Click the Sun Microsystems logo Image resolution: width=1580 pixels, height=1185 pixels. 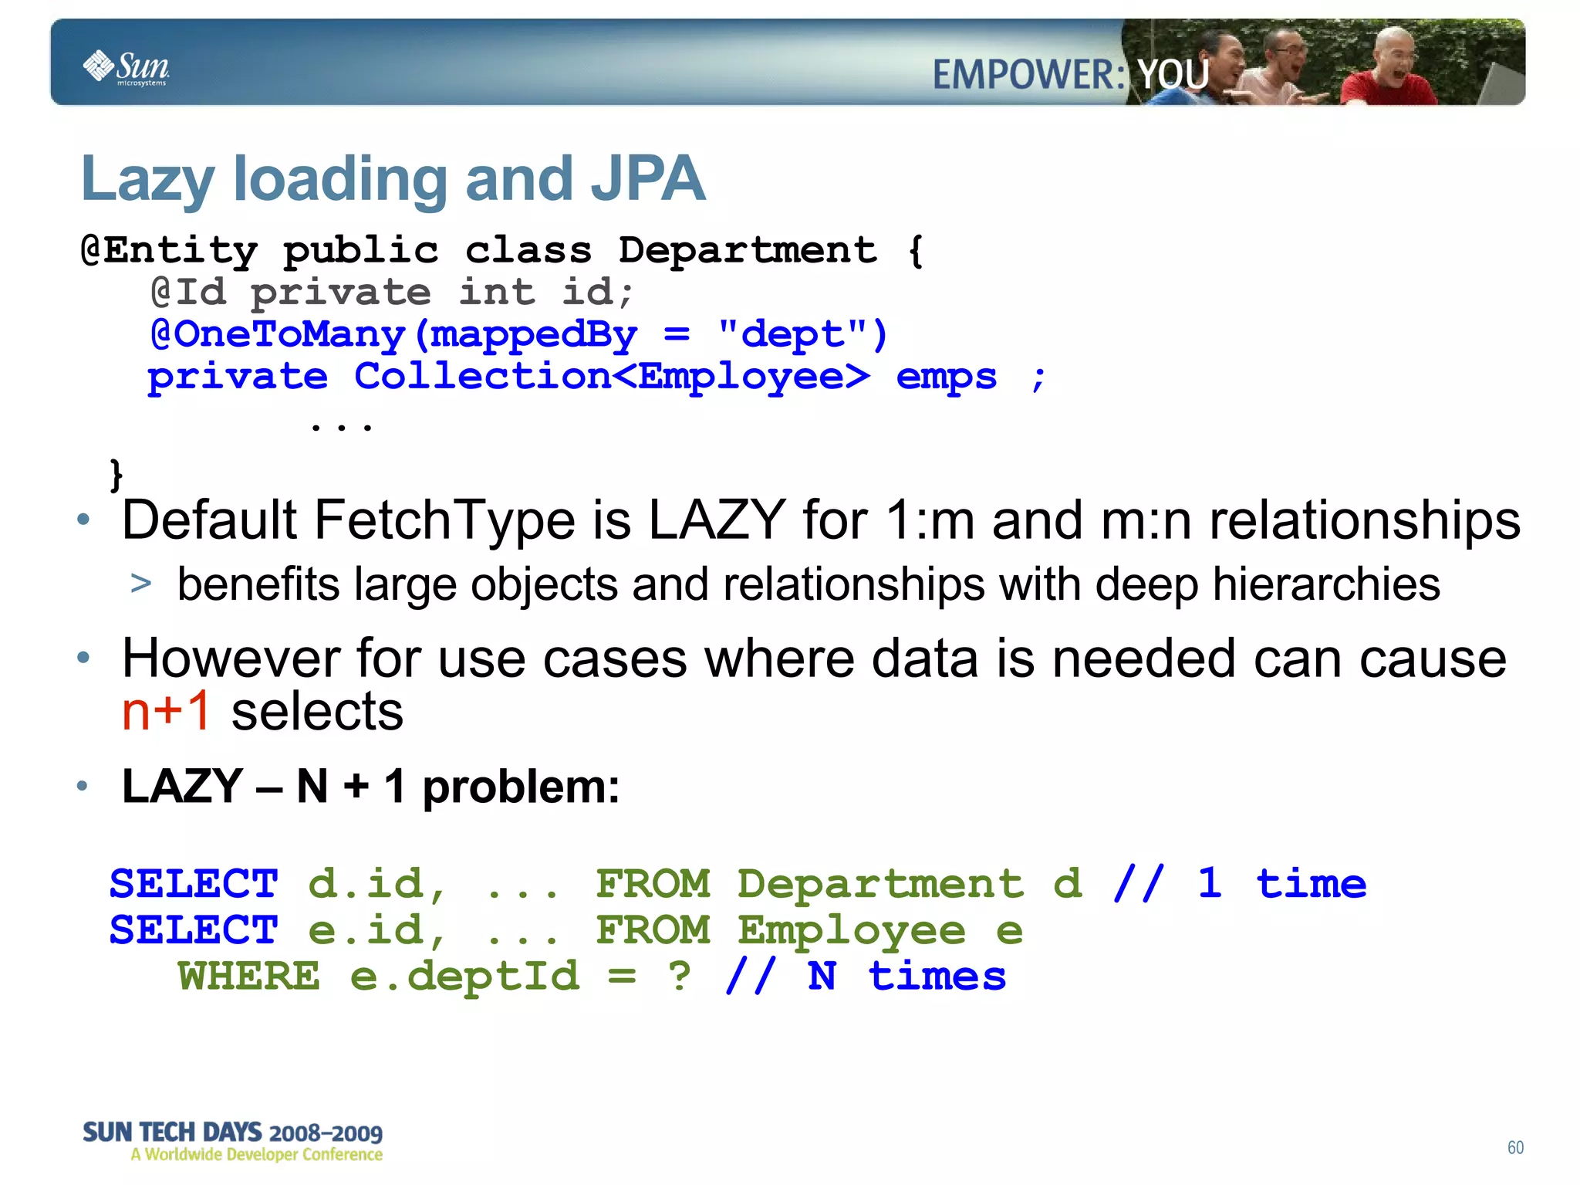126,68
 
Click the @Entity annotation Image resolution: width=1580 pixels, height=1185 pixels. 169,250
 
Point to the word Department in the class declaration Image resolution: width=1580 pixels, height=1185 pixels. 748,250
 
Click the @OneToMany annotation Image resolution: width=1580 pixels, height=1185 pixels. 278,334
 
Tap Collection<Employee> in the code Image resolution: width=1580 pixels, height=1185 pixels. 612,377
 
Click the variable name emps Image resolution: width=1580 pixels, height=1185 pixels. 946,377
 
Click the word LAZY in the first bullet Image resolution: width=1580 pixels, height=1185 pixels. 717,520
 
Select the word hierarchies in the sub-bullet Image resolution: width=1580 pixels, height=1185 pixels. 1325,584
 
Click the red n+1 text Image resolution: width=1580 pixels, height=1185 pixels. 166,710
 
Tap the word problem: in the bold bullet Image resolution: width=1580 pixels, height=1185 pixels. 521,787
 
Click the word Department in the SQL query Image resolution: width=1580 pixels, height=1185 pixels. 880,883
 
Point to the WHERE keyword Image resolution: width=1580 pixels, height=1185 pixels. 248,976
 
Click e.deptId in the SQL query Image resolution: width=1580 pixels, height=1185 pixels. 464,976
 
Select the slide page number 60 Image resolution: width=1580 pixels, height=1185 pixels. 1515,1147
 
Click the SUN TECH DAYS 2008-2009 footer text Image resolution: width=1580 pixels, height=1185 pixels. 232,1133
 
